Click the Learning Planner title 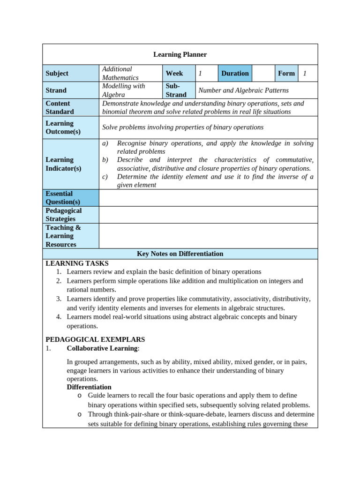point(180,54)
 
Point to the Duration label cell point(235,73)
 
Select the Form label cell point(286,73)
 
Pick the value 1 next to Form point(305,73)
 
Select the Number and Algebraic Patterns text point(244,90)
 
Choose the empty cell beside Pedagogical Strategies point(208,215)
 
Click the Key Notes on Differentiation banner point(180,254)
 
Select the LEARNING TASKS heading point(77,263)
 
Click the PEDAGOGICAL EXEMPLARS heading point(95,339)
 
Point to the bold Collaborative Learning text point(102,348)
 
